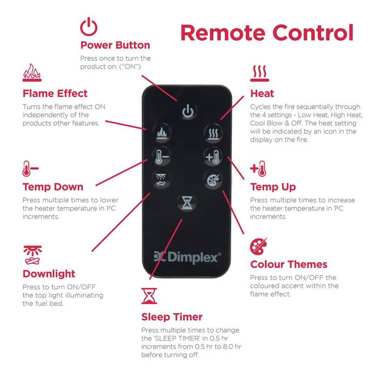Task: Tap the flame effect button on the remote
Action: [162, 133]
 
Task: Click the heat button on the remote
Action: [213, 133]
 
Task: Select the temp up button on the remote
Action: [213, 157]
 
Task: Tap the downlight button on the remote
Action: [161, 180]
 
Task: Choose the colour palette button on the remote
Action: [213, 180]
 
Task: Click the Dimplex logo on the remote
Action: [187, 257]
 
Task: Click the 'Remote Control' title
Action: [267, 33]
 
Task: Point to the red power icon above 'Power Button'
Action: [89, 26]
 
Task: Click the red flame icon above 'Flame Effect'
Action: [32, 72]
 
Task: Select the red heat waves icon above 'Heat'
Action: [259, 73]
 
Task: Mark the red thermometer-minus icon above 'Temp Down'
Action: [30, 169]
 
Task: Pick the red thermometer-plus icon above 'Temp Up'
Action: [258, 169]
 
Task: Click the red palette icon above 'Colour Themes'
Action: [258, 247]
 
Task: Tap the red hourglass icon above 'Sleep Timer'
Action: [149, 296]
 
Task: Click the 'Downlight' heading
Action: [49, 274]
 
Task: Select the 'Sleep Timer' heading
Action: [172, 317]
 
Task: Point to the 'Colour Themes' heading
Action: [289, 264]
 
